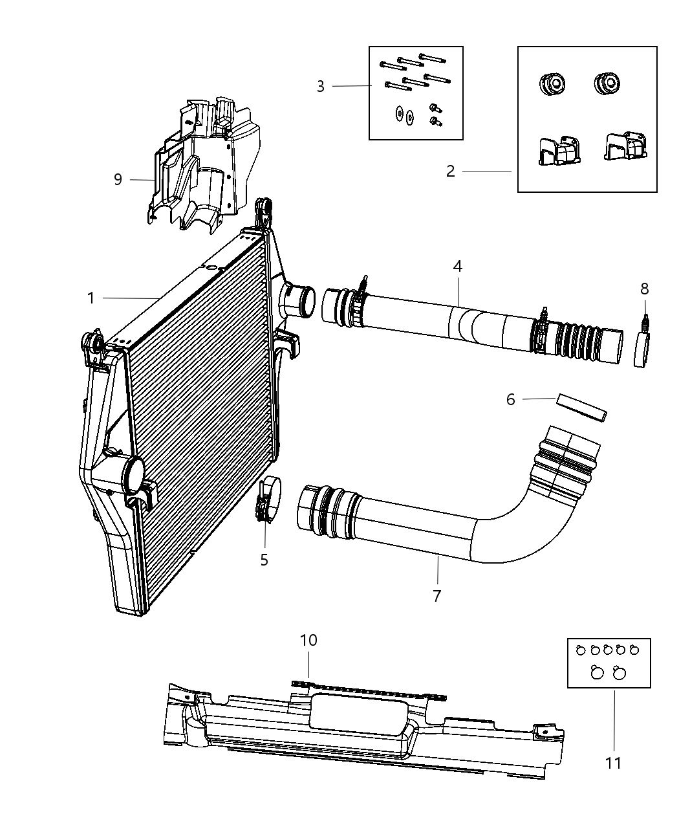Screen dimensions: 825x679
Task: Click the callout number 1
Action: pyautogui.click(x=91, y=298)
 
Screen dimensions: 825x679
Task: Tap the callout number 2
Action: pyautogui.click(x=451, y=171)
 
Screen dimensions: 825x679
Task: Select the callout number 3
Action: pyautogui.click(x=321, y=87)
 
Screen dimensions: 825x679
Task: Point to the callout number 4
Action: pyautogui.click(x=458, y=266)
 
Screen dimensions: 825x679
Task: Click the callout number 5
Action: pyautogui.click(x=264, y=560)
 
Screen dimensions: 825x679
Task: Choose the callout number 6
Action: pyautogui.click(x=511, y=400)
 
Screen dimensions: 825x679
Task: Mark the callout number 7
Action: pyautogui.click(x=437, y=596)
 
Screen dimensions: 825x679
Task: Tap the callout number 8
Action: pyautogui.click(x=645, y=289)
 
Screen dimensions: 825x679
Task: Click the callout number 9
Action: pyautogui.click(x=118, y=179)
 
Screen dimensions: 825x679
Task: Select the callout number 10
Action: pyautogui.click(x=308, y=640)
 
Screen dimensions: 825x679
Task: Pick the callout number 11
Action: pyautogui.click(x=613, y=764)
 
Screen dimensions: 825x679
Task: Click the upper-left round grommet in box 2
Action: pyautogui.click(x=552, y=84)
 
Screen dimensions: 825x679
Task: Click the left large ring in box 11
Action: pyautogui.click(x=598, y=674)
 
